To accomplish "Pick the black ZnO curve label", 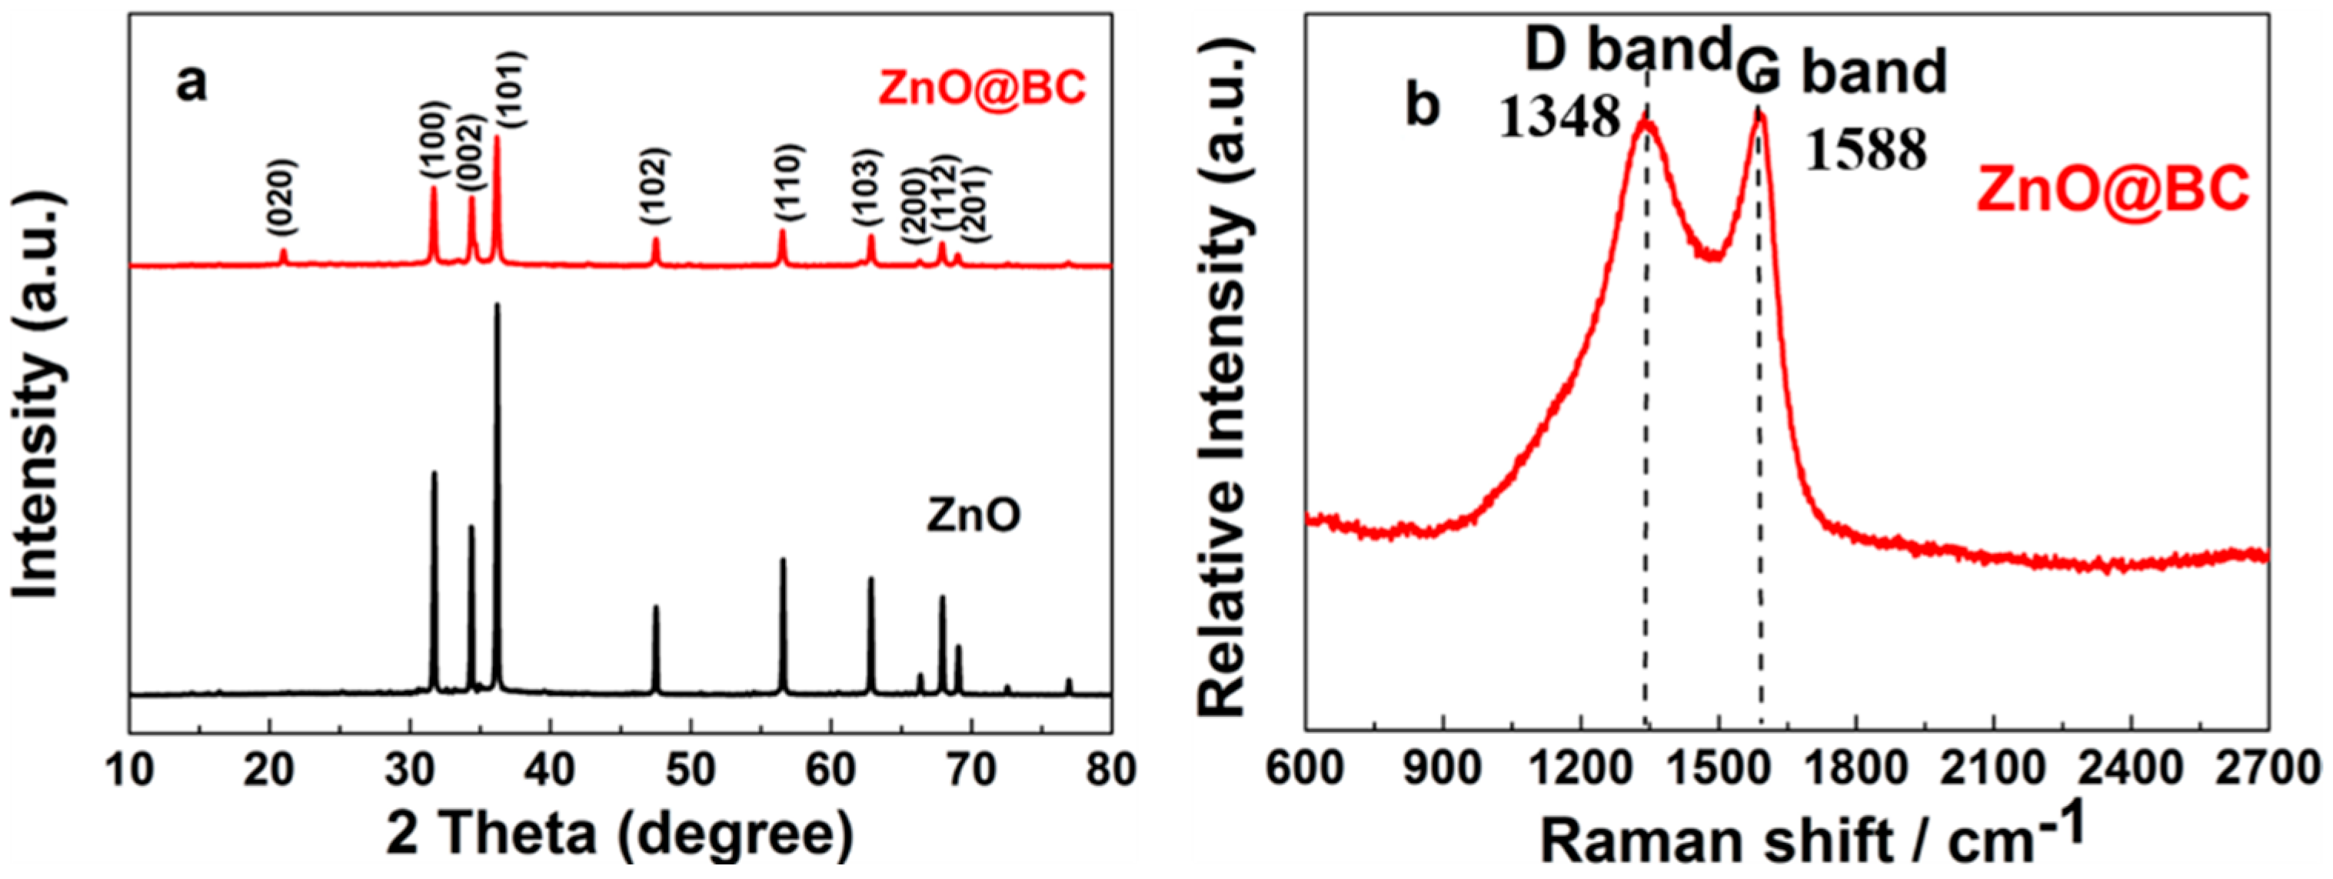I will click(x=973, y=516).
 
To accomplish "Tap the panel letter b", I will click(x=1423, y=107).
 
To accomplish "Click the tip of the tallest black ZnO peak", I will click(x=496, y=305).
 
